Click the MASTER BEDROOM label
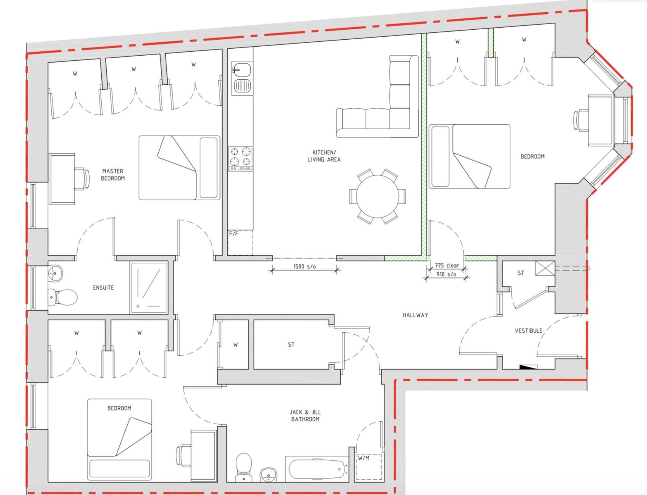point(113,175)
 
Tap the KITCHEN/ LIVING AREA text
point(324,156)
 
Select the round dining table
point(378,196)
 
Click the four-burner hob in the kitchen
point(241,158)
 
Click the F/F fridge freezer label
point(234,234)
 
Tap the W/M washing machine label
point(364,458)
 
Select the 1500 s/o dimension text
point(304,266)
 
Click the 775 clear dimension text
point(447,265)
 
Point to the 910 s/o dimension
point(446,274)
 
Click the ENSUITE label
point(103,288)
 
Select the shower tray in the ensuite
point(149,288)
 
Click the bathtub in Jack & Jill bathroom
point(317,468)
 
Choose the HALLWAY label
point(415,315)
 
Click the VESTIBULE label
point(528,331)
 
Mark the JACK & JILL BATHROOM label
point(305,416)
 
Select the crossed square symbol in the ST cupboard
point(545,268)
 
